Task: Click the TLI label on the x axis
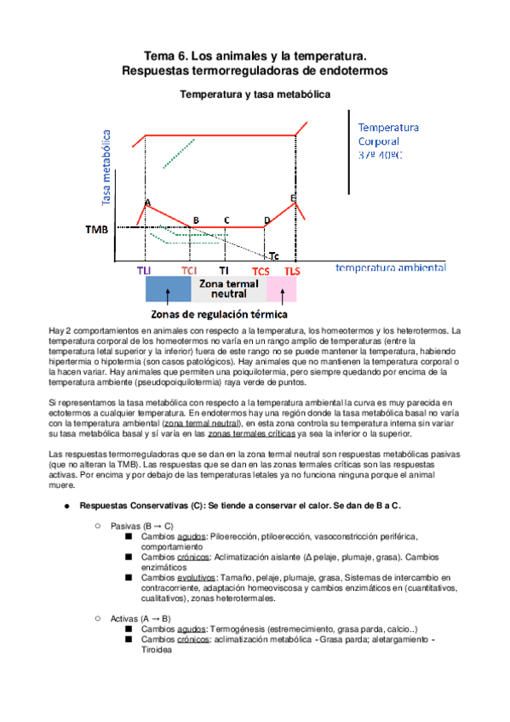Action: (x=144, y=271)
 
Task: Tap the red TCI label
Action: (x=189, y=271)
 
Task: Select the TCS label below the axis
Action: (x=261, y=271)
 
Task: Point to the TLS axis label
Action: (x=292, y=271)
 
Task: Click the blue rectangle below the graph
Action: (x=168, y=289)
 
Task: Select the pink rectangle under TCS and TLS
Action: (x=281, y=289)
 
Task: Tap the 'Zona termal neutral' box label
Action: (x=228, y=289)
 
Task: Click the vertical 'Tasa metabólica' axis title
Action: (x=107, y=167)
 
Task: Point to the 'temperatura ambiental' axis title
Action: (x=390, y=267)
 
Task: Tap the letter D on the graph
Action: (x=266, y=220)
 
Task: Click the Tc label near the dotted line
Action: (x=272, y=255)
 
